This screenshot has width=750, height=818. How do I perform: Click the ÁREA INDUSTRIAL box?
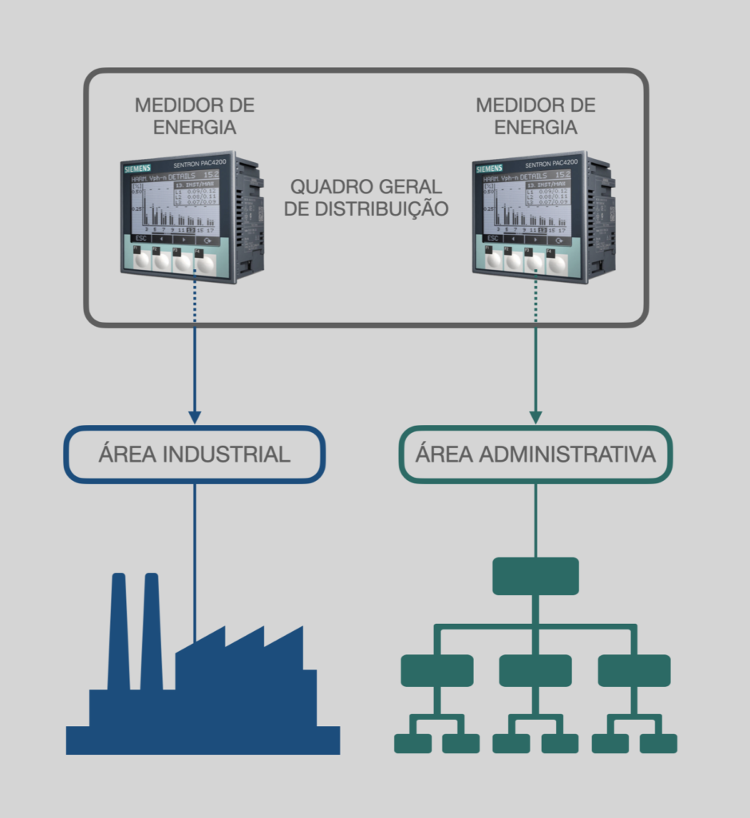(x=194, y=455)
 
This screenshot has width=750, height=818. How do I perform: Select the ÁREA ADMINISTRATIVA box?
(x=535, y=455)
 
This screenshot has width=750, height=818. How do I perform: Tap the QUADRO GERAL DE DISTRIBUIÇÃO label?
(x=368, y=197)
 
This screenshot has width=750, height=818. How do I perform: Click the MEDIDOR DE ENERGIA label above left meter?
(x=195, y=116)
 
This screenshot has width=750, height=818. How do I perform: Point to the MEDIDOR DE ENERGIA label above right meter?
(x=535, y=116)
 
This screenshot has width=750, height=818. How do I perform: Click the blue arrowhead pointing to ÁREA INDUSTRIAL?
(x=194, y=416)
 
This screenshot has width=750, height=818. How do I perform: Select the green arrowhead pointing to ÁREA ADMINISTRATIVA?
(x=535, y=416)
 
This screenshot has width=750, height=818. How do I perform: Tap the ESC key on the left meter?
(x=140, y=239)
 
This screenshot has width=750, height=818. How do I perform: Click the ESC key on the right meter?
(x=491, y=239)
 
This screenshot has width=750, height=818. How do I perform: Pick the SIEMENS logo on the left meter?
(x=136, y=169)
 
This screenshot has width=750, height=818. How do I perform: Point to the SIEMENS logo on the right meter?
(x=488, y=169)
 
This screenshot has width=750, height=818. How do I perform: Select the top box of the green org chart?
(x=535, y=576)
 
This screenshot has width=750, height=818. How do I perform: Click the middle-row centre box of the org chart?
(x=535, y=670)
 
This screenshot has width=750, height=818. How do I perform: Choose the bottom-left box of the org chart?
(x=412, y=743)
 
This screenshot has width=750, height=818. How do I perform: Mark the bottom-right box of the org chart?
(x=658, y=743)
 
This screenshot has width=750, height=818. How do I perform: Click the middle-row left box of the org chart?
(x=436, y=670)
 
